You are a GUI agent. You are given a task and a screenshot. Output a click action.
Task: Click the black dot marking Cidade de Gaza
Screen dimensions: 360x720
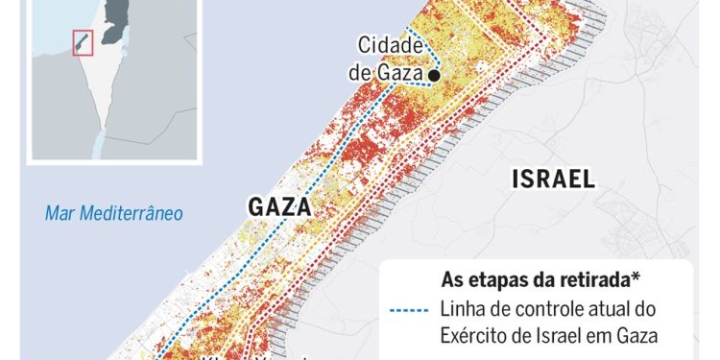click(435, 75)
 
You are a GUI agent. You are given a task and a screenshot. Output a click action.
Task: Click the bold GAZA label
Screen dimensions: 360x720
click(280, 206)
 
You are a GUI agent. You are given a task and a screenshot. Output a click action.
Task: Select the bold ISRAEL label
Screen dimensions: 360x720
click(554, 179)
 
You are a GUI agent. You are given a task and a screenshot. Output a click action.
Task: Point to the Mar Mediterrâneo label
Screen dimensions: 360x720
click(113, 212)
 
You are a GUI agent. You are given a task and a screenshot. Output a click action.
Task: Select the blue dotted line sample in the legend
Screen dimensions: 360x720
click(413, 309)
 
